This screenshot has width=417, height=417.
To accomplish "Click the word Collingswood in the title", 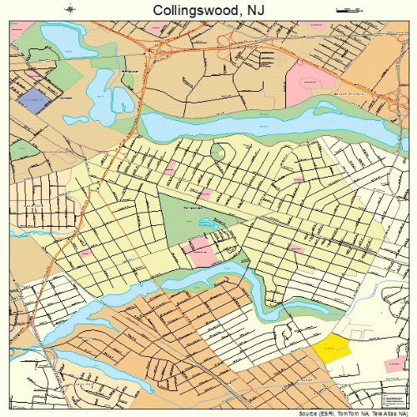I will click(193, 11).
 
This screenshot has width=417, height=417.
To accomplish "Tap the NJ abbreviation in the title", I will click(255, 11).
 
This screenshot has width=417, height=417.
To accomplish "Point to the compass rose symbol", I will click(70, 9).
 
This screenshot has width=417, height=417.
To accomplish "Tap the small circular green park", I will click(219, 153).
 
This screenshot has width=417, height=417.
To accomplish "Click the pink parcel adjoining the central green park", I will click(200, 249).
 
